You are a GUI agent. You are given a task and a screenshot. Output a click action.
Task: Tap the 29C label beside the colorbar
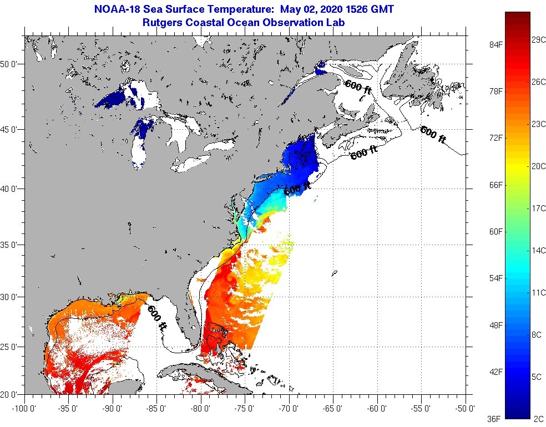538,40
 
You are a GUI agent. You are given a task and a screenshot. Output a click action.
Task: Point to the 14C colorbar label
538,251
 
